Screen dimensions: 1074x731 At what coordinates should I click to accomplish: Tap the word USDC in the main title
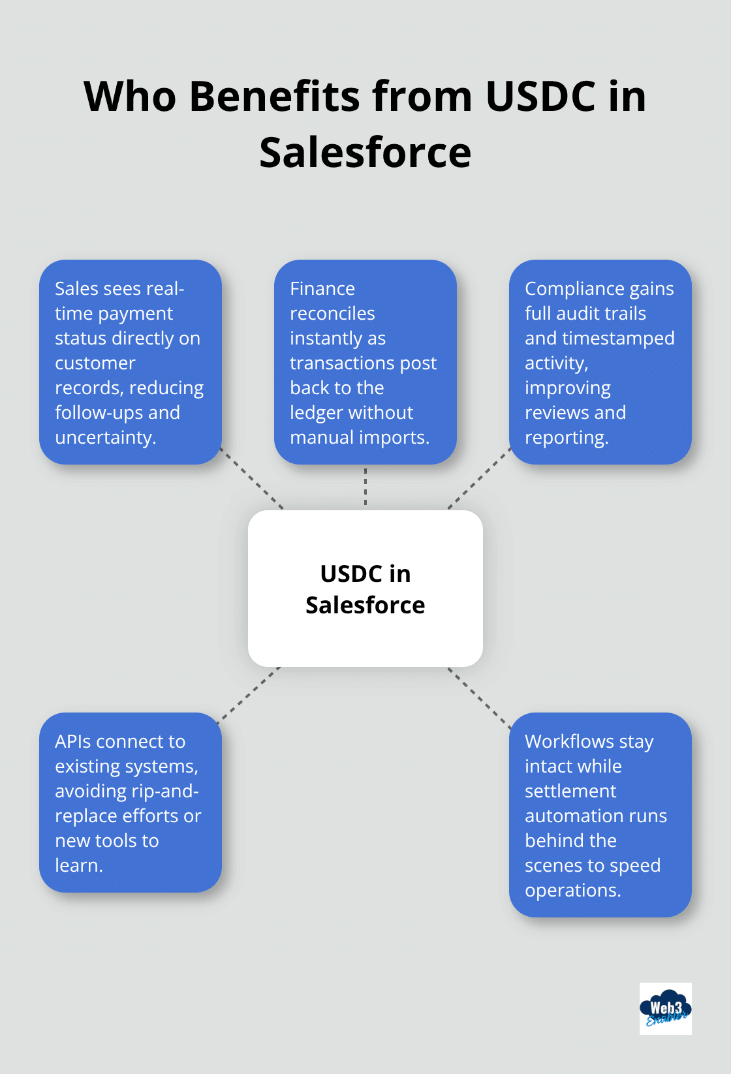pyautogui.click(x=540, y=97)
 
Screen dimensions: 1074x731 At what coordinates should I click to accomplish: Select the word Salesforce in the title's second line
pyautogui.click(x=365, y=153)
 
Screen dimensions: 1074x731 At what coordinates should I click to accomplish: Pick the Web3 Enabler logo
pyautogui.click(x=665, y=1008)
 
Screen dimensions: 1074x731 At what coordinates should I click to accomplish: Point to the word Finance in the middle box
pyautogui.click(x=322, y=288)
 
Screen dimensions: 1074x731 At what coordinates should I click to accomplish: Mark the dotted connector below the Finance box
pyautogui.click(x=365, y=487)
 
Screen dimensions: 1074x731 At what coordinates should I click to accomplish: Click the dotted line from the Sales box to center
pyautogui.click(x=253, y=479)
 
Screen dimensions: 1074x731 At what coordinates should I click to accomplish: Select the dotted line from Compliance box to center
pyautogui.click(x=478, y=479)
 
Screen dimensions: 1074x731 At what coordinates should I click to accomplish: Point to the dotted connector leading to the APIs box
pyautogui.click(x=250, y=694)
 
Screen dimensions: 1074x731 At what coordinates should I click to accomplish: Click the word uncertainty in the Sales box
pyautogui.click(x=105, y=437)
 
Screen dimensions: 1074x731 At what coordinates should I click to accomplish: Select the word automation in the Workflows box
pyautogui.click(x=567, y=816)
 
